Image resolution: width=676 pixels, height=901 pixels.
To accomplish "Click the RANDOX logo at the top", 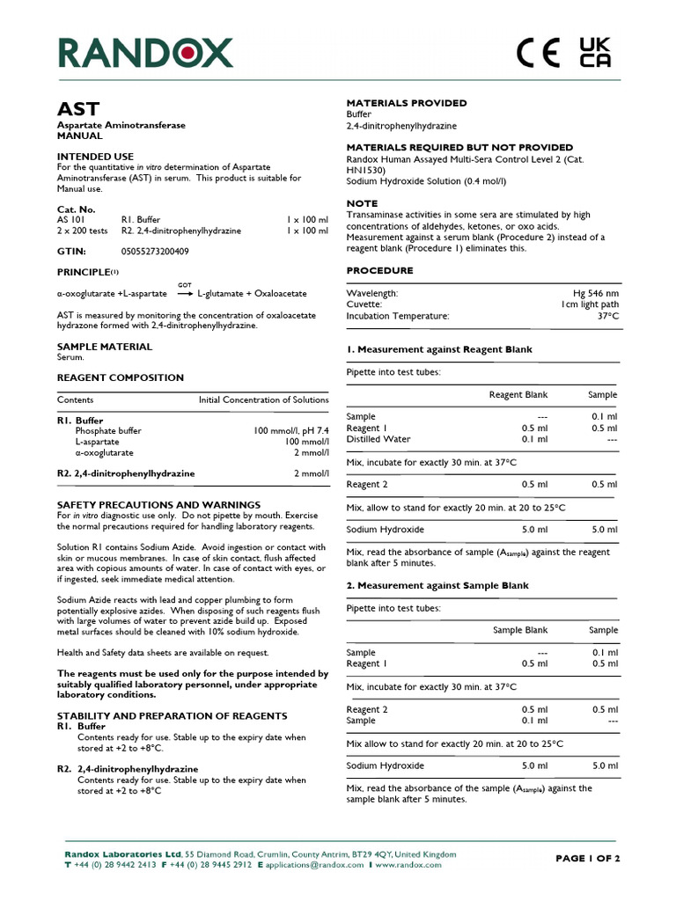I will coord(145,53).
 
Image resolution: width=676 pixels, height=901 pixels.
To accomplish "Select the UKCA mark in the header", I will coord(594,53).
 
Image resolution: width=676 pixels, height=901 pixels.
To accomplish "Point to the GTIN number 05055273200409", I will coord(155,252).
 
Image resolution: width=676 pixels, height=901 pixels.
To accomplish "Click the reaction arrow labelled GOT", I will coord(185,294).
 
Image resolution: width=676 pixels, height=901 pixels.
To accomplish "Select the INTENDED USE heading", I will coord(95,156).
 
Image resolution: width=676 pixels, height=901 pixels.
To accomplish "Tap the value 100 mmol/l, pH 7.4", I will coord(290,431).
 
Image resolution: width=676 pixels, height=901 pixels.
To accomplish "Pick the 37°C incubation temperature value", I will coord(606,316).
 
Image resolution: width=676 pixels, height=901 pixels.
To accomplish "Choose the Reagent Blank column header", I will coord(518,395).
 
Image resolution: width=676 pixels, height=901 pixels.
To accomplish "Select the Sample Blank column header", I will coord(519,630).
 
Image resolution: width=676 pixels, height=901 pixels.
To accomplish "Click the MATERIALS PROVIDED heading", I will coord(406,103).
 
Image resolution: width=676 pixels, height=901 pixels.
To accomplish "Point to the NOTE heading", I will coord(362,203).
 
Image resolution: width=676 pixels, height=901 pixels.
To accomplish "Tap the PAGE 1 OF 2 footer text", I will coord(588,859).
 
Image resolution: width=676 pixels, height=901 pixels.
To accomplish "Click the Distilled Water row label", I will coord(378,439).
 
